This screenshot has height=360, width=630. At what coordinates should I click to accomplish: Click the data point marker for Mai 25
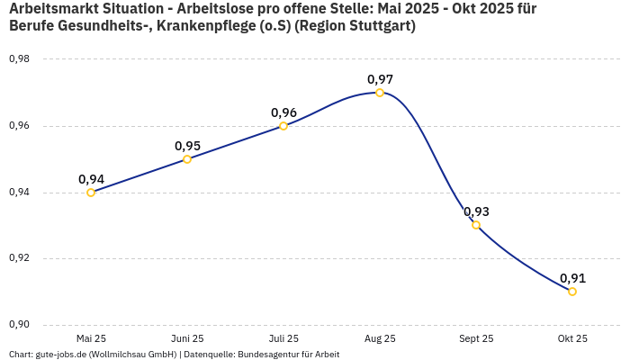[91, 193]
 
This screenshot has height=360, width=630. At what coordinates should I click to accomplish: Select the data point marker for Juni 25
[187, 159]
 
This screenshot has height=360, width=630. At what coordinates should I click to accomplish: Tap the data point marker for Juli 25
[283, 126]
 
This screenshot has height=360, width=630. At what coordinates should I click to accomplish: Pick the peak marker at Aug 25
[380, 93]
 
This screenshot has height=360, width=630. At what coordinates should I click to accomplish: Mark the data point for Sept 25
[476, 225]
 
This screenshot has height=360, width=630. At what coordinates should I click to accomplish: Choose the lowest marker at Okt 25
[572, 292]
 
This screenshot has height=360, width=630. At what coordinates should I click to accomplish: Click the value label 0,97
[380, 79]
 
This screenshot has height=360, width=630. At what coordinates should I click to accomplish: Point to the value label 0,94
[91, 179]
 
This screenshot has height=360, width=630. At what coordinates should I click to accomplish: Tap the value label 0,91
[572, 278]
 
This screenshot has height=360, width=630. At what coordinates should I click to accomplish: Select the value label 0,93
[476, 211]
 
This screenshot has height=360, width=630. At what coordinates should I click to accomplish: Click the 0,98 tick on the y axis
[19, 59]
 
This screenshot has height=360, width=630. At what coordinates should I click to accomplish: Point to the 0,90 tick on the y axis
[19, 325]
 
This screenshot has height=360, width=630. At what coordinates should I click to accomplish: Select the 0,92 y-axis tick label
[19, 258]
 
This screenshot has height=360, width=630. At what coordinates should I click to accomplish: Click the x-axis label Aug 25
[380, 338]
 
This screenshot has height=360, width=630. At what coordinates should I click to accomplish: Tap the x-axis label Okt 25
[572, 338]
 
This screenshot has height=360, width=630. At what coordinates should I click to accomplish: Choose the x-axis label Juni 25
[187, 338]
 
